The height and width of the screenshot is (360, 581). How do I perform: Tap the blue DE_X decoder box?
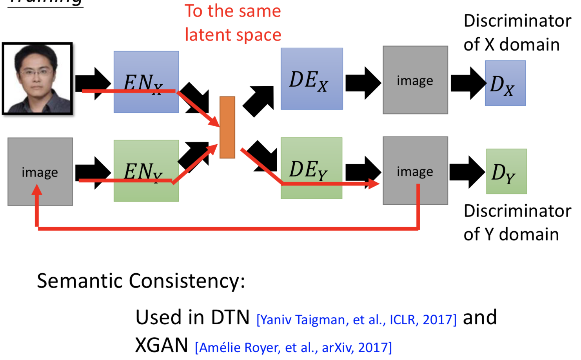coord(312,79)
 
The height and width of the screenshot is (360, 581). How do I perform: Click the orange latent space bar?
coord(227,127)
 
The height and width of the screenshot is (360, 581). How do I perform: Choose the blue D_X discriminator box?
coord(505,83)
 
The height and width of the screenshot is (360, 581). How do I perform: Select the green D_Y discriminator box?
coord(506,171)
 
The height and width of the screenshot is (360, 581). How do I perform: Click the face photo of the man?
coord(38,79)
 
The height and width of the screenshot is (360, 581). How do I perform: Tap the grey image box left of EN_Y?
coord(40,171)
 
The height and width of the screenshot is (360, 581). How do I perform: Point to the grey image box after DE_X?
coord(415,80)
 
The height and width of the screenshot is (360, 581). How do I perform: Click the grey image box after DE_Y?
coord(415,171)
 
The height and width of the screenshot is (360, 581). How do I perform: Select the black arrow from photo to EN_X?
coord(93,83)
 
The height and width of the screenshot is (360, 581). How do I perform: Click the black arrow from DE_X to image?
coord(363,83)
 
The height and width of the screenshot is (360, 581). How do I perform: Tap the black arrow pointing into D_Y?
coord(467,172)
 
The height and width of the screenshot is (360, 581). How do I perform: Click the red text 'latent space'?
coord(233,35)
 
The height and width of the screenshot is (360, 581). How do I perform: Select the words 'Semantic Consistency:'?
coord(141,281)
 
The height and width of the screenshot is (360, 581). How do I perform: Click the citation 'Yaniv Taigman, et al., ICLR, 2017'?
coord(356,320)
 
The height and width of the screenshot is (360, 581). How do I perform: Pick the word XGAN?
coord(162,345)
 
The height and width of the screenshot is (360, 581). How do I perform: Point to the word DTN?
coord(230,317)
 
